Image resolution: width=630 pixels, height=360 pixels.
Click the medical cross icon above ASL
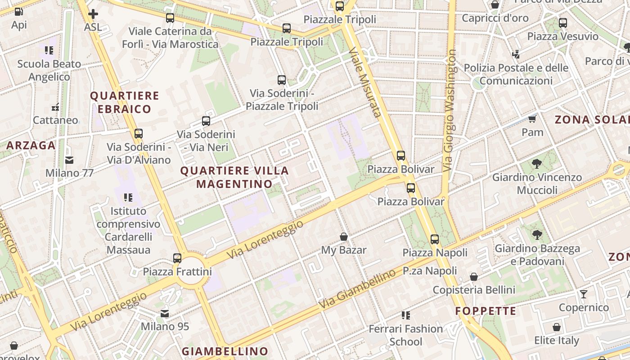coord(93,14)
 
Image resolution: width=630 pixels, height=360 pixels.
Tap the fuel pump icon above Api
coord(18,12)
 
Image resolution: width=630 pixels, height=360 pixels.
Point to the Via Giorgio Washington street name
coord(450,110)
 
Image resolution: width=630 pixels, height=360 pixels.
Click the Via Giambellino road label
coord(358,288)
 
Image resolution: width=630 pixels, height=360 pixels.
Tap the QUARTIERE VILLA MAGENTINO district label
coord(234,177)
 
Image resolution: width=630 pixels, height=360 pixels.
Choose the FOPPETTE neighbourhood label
coord(486,311)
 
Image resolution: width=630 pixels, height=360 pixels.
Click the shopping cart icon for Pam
coord(532,119)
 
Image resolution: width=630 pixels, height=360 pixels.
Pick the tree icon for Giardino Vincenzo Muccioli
coord(536,163)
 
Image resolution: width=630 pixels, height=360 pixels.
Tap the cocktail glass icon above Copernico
coord(584,294)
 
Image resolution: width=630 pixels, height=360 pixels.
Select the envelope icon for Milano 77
coord(69,160)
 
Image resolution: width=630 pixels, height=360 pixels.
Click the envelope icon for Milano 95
coord(165,313)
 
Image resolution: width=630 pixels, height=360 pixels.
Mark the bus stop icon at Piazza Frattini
coord(177,258)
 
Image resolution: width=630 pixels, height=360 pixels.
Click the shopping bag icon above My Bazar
coord(344,236)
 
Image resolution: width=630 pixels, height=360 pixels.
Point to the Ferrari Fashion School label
coord(406,335)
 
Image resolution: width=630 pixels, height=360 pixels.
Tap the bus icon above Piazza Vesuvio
coord(562,23)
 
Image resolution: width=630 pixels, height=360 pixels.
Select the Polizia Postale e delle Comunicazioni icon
coord(516,54)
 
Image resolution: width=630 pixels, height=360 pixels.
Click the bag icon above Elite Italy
coord(557,327)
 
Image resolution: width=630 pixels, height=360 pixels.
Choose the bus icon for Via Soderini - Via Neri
coord(206,121)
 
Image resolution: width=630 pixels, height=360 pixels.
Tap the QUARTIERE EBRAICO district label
coord(125,102)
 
